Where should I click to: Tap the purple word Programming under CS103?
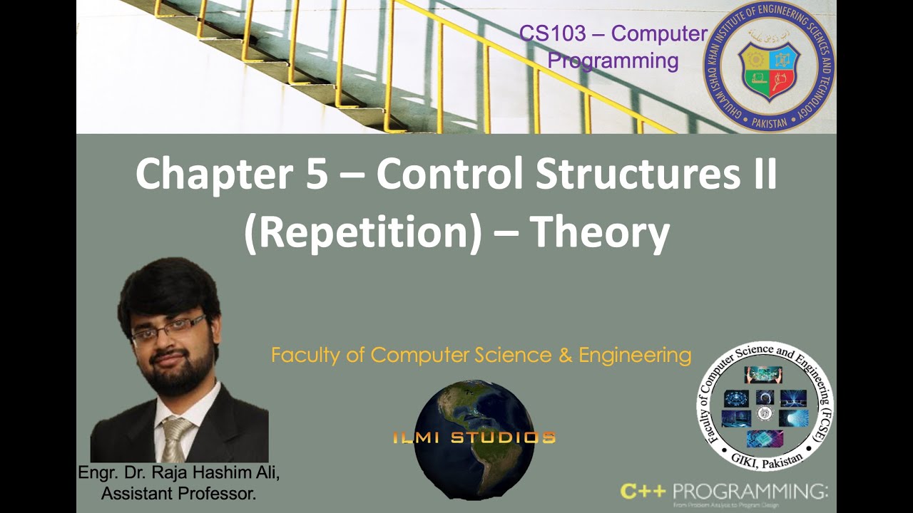pyautogui.click(x=613, y=61)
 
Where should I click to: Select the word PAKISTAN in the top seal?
pyautogui.click(x=768, y=122)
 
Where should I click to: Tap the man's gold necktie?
pyautogui.click(x=174, y=438)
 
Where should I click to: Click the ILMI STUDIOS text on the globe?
pyautogui.click(x=474, y=437)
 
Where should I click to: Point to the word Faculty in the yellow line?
pyautogui.click(x=304, y=356)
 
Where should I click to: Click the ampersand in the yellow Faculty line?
pyautogui.click(x=566, y=356)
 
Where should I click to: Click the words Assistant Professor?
pyautogui.click(x=178, y=493)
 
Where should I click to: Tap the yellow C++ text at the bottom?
pyautogui.click(x=643, y=491)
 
